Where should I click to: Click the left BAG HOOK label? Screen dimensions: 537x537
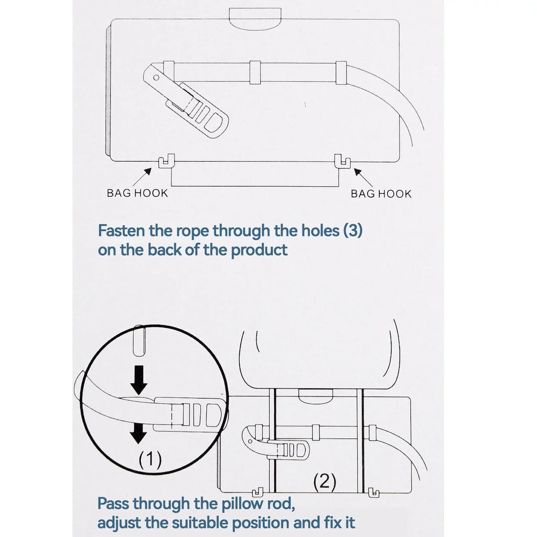[x=137, y=193]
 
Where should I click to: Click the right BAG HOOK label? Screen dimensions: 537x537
[x=381, y=194]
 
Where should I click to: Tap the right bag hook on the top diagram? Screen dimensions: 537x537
[x=342, y=161]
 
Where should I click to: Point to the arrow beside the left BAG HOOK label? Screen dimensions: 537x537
[x=142, y=177]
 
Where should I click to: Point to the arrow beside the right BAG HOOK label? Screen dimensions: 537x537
[x=363, y=177]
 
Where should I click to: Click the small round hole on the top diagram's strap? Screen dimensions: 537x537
[x=156, y=78]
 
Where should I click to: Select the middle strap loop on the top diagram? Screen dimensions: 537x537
[x=255, y=72]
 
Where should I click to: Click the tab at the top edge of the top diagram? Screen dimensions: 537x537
[x=255, y=19]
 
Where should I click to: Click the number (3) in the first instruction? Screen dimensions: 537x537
[x=353, y=231]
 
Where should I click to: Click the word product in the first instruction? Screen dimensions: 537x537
[x=259, y=250]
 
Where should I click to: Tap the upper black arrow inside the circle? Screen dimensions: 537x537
[x=138, y=380]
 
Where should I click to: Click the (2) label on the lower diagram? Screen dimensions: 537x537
[x=325, y=481]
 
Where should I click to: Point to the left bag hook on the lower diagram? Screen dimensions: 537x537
[x=257, y=492]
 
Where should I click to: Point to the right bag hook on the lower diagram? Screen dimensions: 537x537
[x=373, y=493]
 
